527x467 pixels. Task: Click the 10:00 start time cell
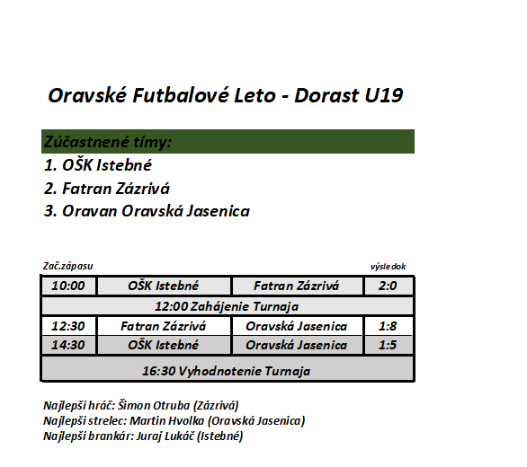(68, 286)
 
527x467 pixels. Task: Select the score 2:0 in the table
(389, 286)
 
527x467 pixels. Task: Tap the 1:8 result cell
(389, 326)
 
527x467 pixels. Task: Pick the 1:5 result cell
(389, 345)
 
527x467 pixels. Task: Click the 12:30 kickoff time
(68, 326)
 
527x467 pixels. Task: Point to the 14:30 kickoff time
(68, 345)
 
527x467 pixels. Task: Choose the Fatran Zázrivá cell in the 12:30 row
(164, 326)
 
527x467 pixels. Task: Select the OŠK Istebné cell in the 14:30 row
(164, 345)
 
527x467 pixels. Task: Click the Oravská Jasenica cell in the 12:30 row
(297, 326)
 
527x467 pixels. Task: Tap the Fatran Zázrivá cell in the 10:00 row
(297, 286)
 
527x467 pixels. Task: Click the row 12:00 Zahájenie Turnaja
(228, 306)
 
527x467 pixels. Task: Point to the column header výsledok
(389, 267)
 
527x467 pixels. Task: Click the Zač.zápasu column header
(67, 266)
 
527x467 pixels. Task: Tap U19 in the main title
(384, 95)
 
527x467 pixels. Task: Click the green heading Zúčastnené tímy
(108, 142)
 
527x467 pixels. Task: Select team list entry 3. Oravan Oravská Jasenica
(147, 211)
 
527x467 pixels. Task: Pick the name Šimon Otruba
(154, 405)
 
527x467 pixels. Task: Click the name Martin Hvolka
(167, 420)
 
